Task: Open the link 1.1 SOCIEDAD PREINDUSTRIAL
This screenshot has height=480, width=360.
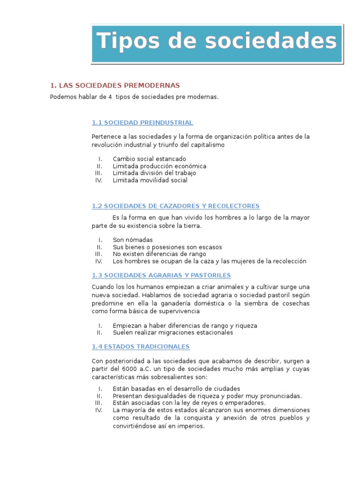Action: [x=142, y=122]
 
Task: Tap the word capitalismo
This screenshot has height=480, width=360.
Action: [x=206, y=145]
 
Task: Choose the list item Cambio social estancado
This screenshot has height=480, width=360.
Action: [x=149, y=159]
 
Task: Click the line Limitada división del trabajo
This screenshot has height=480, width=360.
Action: [x=154, y=173]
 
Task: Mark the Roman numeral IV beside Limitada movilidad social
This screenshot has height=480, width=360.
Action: [x=98, y=180]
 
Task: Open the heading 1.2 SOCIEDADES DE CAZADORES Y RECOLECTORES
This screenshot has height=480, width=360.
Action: [x=176, y=206]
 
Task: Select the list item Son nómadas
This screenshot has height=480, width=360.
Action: [x=133, y=240]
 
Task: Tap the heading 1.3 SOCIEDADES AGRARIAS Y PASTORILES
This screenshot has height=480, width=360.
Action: [x=161, y=275]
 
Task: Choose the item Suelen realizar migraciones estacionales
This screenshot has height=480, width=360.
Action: [x=172, y=333]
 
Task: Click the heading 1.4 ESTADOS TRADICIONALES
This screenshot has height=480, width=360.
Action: [x=141, y=346]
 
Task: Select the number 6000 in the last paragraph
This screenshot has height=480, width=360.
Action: [x=135, y=369]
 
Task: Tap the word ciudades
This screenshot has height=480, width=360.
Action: [x=225, y=389]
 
